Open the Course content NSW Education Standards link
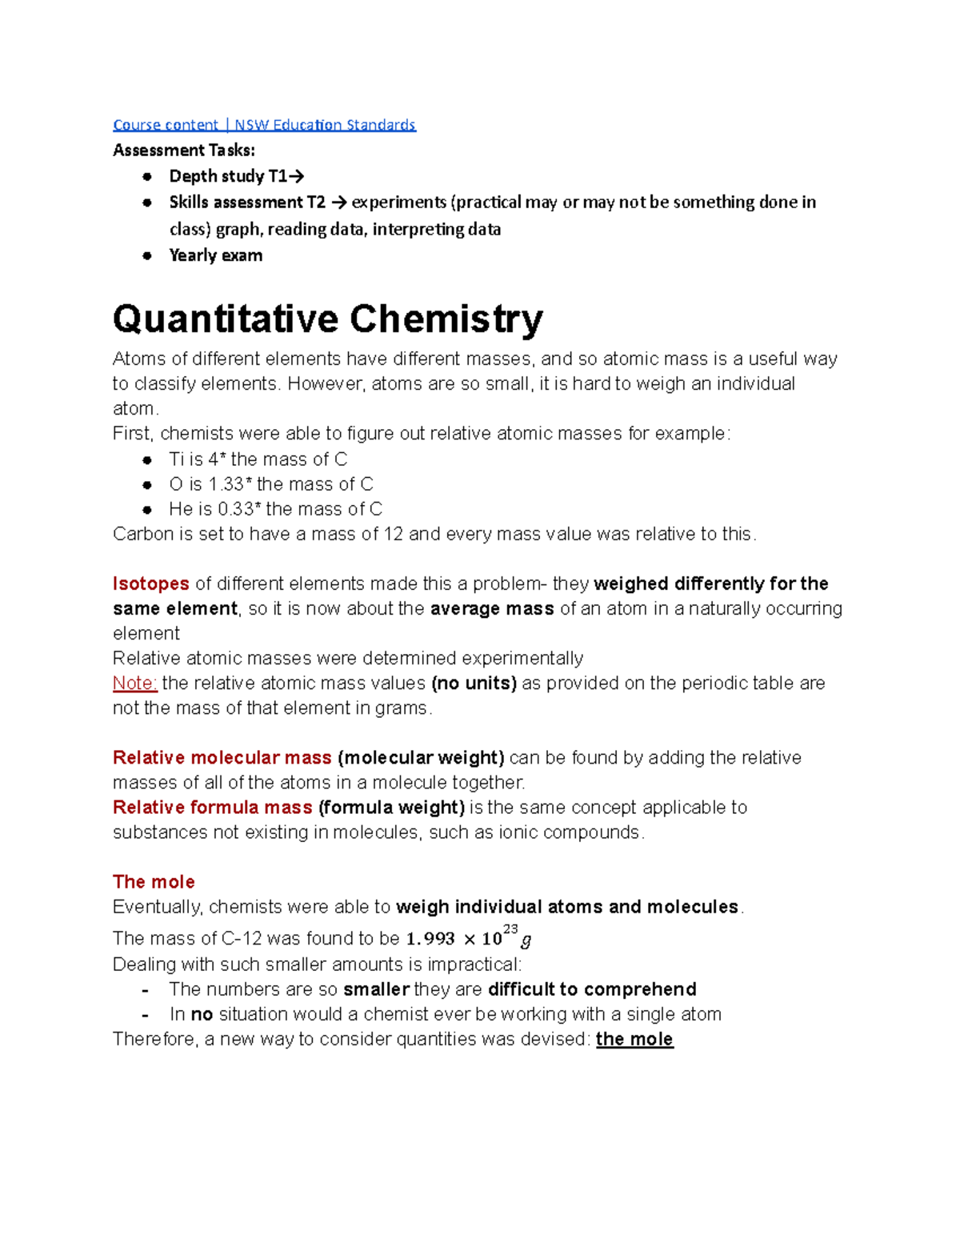pos(264,125)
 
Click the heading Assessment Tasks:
pos(184,150)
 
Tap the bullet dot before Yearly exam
pos(147,255)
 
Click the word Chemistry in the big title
pos(446,319)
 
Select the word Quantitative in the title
pos(226,319)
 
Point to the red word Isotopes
pos(150,583)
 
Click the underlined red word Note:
pos(134,683)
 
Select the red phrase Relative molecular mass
pos(222,757)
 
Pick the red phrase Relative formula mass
pos(212,807)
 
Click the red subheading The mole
pos(154,881)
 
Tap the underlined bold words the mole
pos(634,1039)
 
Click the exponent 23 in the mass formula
pos(510,928)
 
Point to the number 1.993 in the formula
pos(430,939)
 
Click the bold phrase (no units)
pos(474,683)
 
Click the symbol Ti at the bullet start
pos(176,459)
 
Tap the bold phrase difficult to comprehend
pos(592,989)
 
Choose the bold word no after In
pos(202,1014)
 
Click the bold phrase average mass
pos(492,608)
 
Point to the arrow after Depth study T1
pos(296,176)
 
